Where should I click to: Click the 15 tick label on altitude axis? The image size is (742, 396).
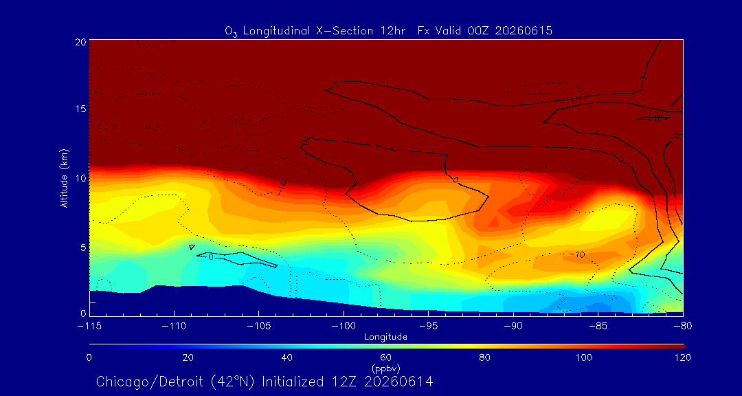click(x=80, y=109)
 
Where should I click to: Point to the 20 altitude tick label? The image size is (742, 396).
click(x=80, y=41)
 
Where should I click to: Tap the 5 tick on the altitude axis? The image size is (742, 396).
click(x=82, y=247)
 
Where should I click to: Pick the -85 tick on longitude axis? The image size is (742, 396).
click(x=598, y=327)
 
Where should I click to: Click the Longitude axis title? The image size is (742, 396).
click(x=385, y=338)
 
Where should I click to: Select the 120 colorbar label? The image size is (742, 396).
click(x=682, y=357)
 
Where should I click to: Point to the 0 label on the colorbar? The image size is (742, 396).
click(x=89, y=357)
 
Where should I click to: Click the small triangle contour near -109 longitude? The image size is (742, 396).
click(x=192, y=247)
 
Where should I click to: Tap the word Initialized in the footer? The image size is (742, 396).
click(x=291, y=382)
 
